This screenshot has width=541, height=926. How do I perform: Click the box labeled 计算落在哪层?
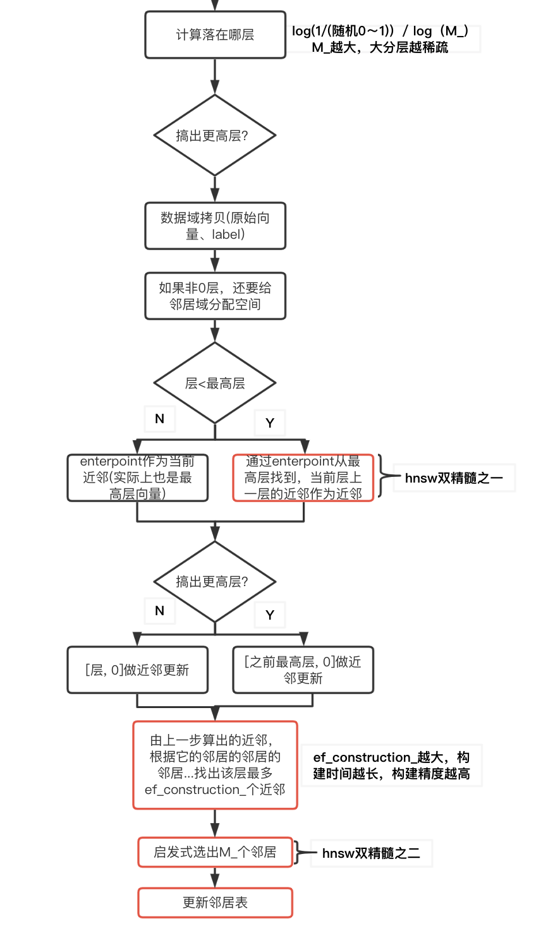(x=215, y=35)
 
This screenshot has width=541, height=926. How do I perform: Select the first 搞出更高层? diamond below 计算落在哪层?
(x=215, y=135)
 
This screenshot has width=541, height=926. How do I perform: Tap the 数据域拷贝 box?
(x=215, y=225)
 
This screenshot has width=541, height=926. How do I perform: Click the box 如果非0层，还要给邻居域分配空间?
(x=215, y=296)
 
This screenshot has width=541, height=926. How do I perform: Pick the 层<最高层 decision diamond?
(x=215, y=383)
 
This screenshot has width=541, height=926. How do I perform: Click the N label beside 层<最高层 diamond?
(x=159, y=418)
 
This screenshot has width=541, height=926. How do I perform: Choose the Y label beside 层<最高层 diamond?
(x=270, y=423)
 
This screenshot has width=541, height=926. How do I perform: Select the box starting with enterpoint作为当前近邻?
(x=137, y=478)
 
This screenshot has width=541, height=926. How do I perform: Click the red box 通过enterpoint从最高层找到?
(x=303, y=478)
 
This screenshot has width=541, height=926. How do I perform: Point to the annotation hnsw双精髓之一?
(x=454, y=478)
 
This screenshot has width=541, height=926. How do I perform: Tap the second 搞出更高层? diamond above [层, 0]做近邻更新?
(x=215, y=581)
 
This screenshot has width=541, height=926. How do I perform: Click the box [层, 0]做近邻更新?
(x=137, y=670)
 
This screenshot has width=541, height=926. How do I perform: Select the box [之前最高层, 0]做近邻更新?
(x=303, y=670)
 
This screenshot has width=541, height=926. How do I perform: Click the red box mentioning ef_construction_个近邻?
(x=215, y=765)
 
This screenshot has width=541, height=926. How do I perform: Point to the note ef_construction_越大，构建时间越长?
(x=391, y=765)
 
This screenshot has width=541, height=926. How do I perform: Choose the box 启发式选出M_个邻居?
(x=215, y=852)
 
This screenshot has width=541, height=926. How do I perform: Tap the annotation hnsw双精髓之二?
(x=371, y=853)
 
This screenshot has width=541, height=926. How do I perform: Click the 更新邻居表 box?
(x=215, y=903)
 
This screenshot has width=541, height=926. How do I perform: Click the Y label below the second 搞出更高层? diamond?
(x=270, y=615)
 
